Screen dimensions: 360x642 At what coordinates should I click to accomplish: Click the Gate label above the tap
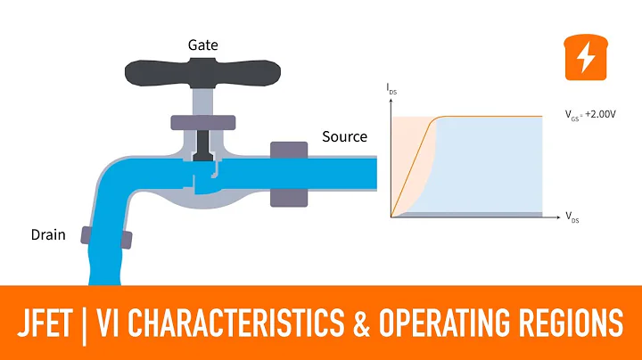coord(204,44)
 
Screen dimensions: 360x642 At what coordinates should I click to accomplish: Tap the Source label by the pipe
coord(344,137)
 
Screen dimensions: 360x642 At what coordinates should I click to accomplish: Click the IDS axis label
coord(391,89)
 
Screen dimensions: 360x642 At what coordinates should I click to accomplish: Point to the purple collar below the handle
coord(204,122)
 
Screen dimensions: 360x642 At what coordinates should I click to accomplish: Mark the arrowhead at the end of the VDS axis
coord(560,217)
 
